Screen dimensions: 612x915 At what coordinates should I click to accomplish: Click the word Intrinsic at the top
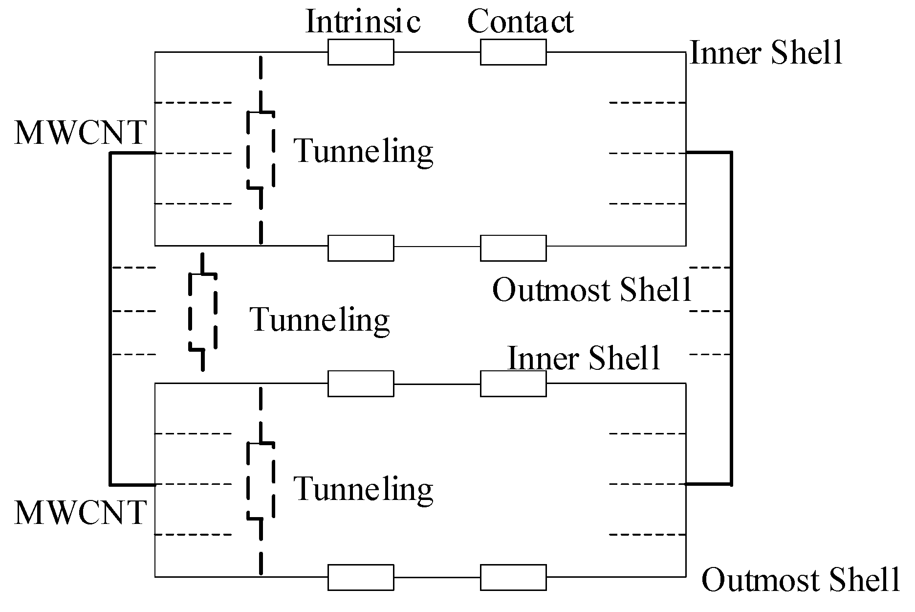[x=363, y=22]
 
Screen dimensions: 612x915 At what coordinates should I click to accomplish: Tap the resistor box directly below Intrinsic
[x=360, y=52]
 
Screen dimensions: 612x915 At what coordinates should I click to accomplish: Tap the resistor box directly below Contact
[x=513, y=52]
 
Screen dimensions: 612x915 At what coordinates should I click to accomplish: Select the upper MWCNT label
[x=81, y=133]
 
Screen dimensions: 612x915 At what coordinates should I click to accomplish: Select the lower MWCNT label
[x=81, y=513]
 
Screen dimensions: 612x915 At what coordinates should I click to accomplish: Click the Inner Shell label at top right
[x=766, y=53]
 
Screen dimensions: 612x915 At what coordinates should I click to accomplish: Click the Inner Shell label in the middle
[x=584, y=358]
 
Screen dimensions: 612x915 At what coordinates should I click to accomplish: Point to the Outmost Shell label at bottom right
[x=800, y=580]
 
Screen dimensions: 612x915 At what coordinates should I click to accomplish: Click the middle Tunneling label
[x=320, y=320]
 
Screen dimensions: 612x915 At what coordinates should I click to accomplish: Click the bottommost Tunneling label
[x=363, y=489]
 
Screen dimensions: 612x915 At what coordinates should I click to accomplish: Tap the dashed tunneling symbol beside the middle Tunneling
[x=202, y=312]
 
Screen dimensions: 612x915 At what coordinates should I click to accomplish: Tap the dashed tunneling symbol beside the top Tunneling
[x=261, y=149]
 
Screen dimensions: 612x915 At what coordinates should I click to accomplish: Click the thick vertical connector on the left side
[x=111, y=318]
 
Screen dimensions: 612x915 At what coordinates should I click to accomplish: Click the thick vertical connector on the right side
[x=731, y=318]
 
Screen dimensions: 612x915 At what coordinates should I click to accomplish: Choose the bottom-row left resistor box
[x=360, y=577]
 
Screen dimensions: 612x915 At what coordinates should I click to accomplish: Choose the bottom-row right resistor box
[x=513, y=577]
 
